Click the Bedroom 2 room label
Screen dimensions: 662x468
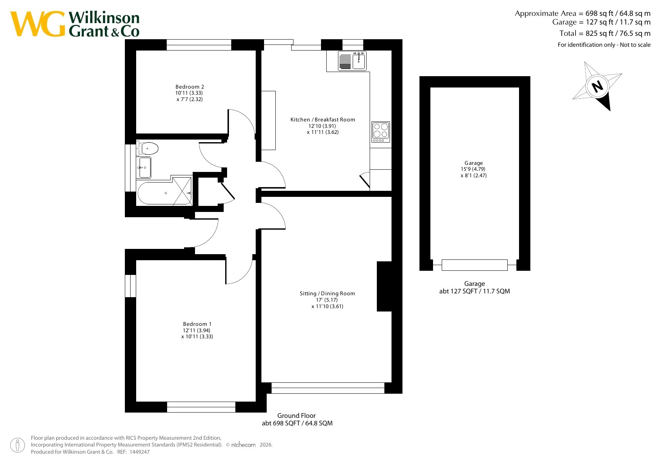click(x=190, y=87)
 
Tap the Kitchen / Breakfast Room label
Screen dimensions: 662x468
click(x=323, y=120)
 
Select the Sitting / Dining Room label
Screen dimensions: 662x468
click(x=327, y=293)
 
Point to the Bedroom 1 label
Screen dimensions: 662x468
click(x=197, y=324)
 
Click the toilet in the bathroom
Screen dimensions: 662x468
click(x=147, y=148)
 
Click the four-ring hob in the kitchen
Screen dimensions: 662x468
click(x=381, y=132)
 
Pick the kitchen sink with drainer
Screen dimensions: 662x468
click(x=352, y=61)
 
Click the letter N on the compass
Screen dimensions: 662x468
click(x=597, y=87)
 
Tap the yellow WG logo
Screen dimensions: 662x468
click(x=38, y=24)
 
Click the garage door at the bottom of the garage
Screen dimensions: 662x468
click(x=475, y=265)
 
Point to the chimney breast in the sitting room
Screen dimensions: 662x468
click(x=384, y=286)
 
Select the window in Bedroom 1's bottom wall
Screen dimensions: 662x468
click(x=201, y=407)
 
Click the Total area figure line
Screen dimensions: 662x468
click(x=605, y=33)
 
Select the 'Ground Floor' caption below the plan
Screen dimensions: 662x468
click(x=296, y=416)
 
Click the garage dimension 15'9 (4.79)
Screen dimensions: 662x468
click(x=473, y=169)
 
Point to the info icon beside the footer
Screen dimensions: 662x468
click(x=17, y=445)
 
